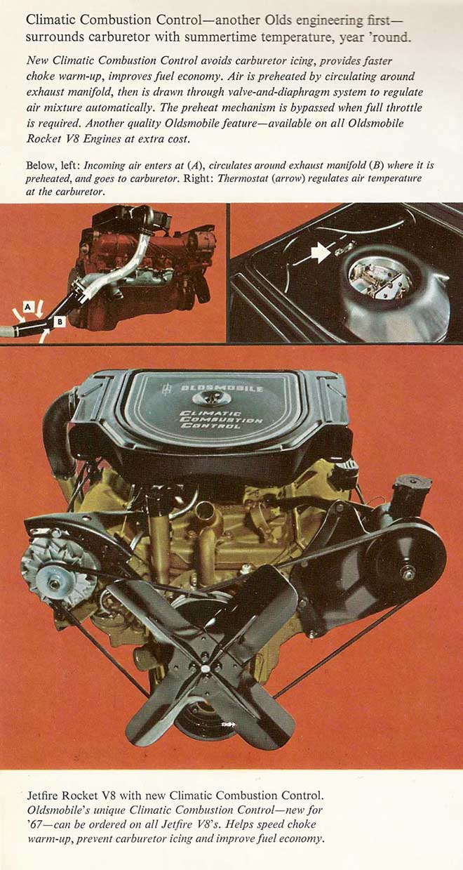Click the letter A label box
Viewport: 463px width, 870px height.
pyautogui.click(x=27, y=307)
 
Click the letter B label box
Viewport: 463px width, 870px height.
pyautogui.click(x=60, y=322)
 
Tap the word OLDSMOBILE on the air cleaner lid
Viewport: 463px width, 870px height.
pyautogui.click(x=222, y=388)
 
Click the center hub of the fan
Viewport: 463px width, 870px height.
pyautogui.click(x=205, y=668)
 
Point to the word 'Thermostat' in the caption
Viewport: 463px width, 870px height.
pyautogui.click(x=236, y=178)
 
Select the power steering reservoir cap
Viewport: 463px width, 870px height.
pyautogui.click(x=411, y=482)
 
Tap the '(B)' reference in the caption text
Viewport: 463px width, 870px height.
pyautogui.click(x=377, y=165)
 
